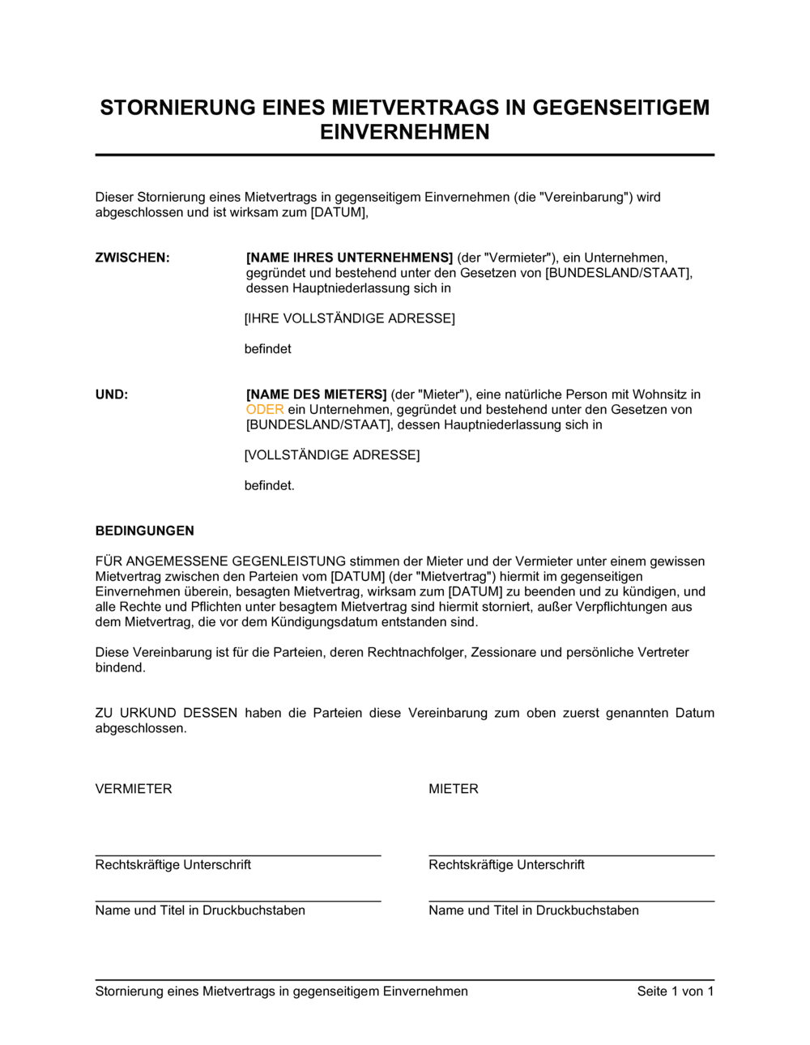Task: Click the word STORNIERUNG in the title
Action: tap(175, 108)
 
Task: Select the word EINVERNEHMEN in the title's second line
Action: tap(404, 132)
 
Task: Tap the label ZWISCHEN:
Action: tap(133, 258)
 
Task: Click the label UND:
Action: tap(112, 395)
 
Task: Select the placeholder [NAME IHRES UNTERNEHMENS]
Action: tap(349, 258)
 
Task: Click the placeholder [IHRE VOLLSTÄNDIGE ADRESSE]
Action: tap(350, 318)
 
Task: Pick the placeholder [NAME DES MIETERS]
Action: tap(317, 395)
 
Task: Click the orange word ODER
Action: tap(265, 410)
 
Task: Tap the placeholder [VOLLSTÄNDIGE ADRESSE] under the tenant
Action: tap(332, 455)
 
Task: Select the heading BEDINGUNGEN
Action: tap(145, 531)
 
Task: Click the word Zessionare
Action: tap(505, 652)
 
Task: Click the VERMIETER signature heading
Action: tap(134, 789)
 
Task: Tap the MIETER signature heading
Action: tap(454, 789)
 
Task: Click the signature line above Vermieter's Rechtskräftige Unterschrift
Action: tap(238, 855)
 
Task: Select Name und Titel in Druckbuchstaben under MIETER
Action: tap(534, 911)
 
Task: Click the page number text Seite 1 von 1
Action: tap(676, 992)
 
